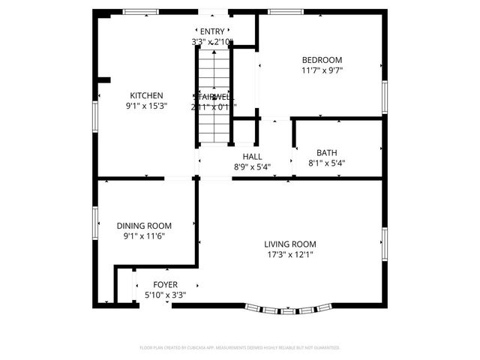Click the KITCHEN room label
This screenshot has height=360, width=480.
[146, 96]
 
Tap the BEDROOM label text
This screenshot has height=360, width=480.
[322, 61]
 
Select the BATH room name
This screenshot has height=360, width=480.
[326, 152]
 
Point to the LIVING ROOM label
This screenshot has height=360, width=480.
[289, 244]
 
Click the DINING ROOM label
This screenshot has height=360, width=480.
[144, 226]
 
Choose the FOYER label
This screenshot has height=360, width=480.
[165, 285]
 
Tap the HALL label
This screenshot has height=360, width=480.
[252, 157]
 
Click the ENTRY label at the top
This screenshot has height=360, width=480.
[212, 31]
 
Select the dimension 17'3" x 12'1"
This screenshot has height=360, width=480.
[289, 254]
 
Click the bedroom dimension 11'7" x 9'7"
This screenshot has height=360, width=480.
[322, 71]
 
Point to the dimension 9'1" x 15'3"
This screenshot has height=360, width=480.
[146, 106]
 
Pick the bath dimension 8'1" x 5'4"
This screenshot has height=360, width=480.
[326, 163]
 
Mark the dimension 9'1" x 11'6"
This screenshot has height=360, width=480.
[144, 236]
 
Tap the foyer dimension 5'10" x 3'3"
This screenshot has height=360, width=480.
[165, 295]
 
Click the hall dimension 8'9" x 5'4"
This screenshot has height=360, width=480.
[252, 167]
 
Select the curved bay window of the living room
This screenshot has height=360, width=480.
[289, 308]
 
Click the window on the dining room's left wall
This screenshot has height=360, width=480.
[95, 223]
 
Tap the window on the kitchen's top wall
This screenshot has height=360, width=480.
[141, 11]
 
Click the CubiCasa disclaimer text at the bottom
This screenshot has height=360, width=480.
[240, 348]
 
